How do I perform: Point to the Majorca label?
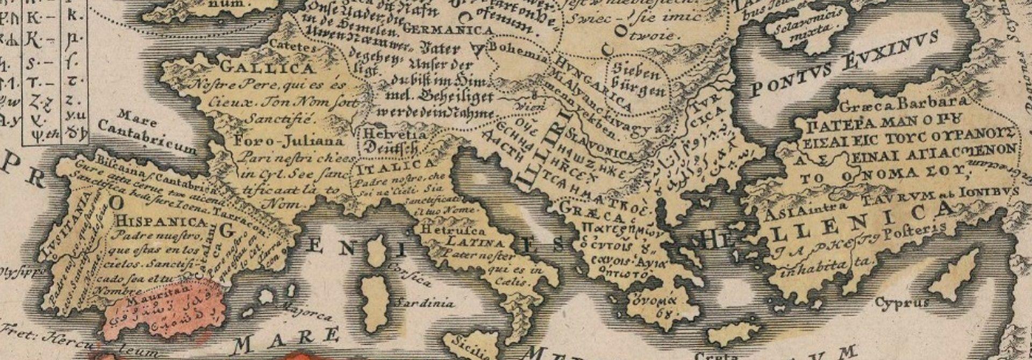point(307,312)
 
